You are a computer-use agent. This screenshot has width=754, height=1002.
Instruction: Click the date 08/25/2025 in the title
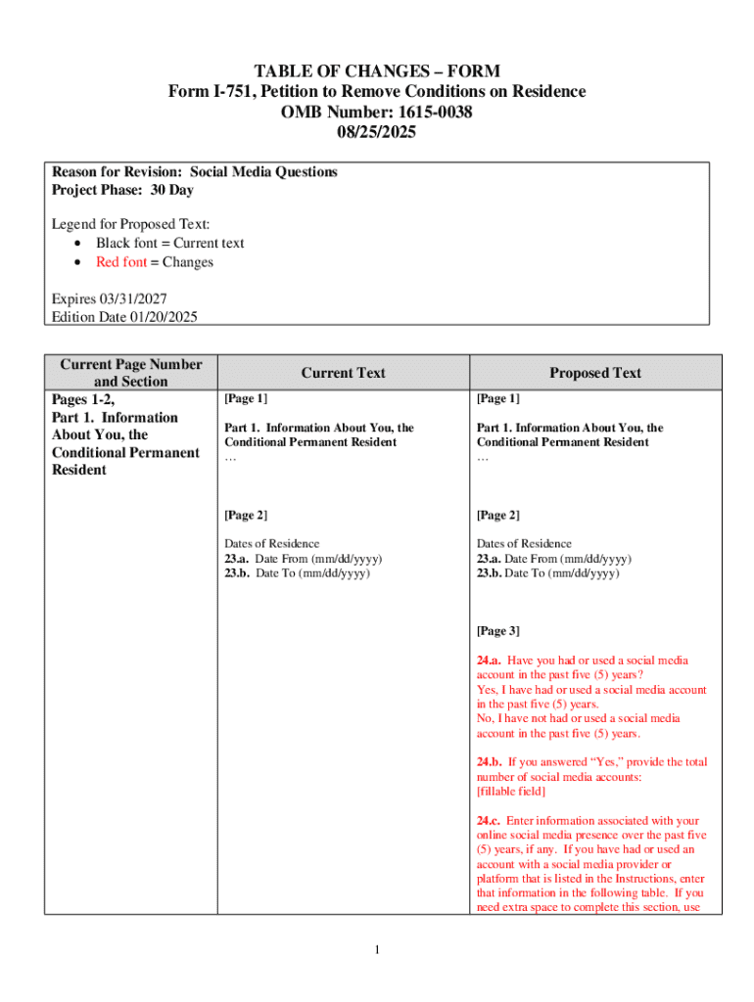[377, 132]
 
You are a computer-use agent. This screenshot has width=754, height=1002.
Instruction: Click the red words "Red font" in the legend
[121, 262]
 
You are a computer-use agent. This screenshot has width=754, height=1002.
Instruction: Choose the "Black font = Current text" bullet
[169, 243]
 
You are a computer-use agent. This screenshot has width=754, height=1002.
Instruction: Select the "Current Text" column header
[343, 373]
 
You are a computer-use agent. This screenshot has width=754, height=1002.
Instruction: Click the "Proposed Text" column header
[595, 373]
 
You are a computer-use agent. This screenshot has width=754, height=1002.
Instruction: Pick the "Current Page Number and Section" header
[131, 373]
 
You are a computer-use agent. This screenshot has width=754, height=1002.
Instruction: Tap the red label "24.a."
[490, 660]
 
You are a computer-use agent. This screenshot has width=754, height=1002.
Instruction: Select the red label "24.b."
[490, 762]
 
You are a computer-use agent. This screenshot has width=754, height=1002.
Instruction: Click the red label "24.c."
[490, 821]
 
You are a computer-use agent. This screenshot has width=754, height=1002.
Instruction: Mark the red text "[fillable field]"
[511, 791]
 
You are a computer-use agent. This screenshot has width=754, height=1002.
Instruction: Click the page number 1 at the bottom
[377, 950]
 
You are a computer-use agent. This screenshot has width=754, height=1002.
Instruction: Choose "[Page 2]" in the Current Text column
[246, 516]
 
